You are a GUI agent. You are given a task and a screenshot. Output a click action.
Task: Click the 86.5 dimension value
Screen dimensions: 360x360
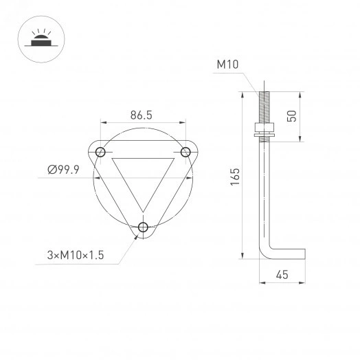click(x=140, y=116)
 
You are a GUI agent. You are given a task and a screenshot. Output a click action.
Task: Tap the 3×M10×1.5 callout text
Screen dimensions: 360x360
click(x=75, y=255)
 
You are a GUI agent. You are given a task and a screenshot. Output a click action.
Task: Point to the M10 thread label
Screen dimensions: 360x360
click(x=227, y=65)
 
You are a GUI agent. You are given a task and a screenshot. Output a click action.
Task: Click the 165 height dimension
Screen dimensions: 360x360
click(x=234, y=176)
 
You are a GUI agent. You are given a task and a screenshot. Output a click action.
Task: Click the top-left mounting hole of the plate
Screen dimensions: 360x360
click(x=101, y=151)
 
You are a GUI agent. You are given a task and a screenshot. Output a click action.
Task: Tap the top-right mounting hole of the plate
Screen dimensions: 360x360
click(x=185, y=151)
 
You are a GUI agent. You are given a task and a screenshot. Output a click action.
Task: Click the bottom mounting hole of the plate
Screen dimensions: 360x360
click(x=143, y=227)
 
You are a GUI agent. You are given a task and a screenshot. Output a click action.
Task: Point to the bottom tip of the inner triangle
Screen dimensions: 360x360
click(x=143, y=210)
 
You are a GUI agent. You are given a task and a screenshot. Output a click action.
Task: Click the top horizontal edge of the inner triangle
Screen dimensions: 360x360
click(x=143, y=158)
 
